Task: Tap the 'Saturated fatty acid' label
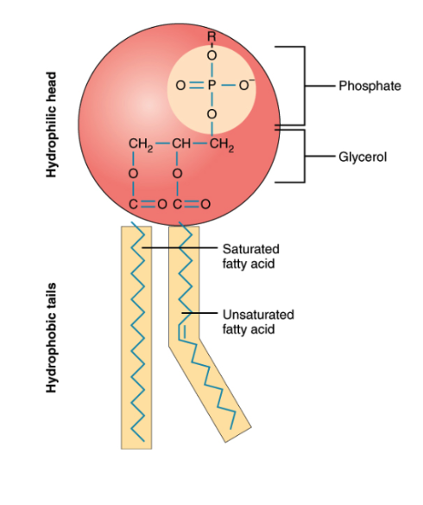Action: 251,255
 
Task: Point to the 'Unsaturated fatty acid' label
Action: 257,321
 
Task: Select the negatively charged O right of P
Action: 249,85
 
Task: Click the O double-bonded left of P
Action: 180,86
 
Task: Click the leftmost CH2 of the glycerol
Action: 139,144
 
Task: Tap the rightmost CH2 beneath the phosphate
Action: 222,144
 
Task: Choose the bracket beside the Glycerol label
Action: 302,157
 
